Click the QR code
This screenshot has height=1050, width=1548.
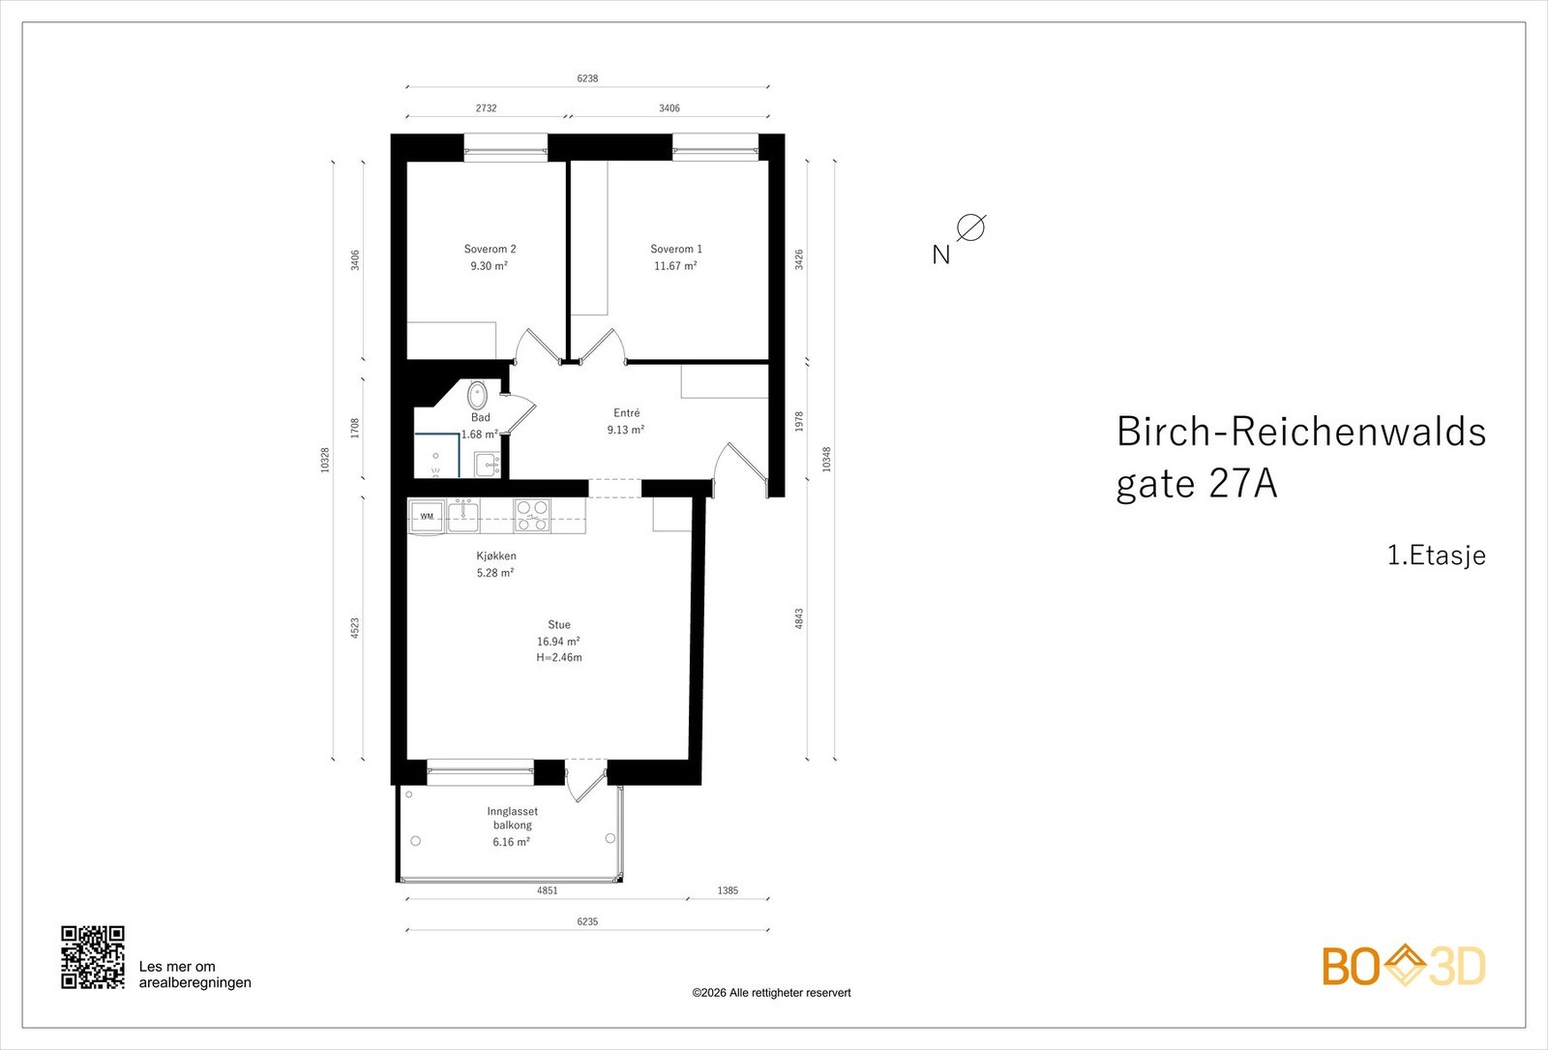coord(93,957)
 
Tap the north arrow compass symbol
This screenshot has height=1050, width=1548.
coord(970,228)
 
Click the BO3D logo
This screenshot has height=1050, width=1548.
coord(1403,966)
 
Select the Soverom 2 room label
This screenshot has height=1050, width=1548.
coord(490,249)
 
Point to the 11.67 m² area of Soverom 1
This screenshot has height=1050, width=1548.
coord(675,266)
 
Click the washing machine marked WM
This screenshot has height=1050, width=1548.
coord(427,516)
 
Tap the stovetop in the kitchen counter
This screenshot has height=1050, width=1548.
coord(531,515)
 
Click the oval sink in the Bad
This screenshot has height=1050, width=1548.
coord(477,396)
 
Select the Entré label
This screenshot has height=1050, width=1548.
coord(626,413)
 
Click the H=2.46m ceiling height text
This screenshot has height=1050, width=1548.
coord(559,658)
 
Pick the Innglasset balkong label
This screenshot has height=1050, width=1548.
coord(512,818)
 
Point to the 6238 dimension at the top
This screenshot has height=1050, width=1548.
coord(587,78)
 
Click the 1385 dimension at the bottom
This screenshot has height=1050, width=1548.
coord(728,890)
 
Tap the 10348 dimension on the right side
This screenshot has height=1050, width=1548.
coord(826,459)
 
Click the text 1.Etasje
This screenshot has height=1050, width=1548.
coord(1436,555)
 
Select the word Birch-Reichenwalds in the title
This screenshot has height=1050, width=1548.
coord(1300,432)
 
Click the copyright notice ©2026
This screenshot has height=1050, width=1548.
coord(771,993)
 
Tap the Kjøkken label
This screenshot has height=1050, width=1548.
coord(495,556)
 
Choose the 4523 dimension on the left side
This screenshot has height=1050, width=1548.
coord(355,628)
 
